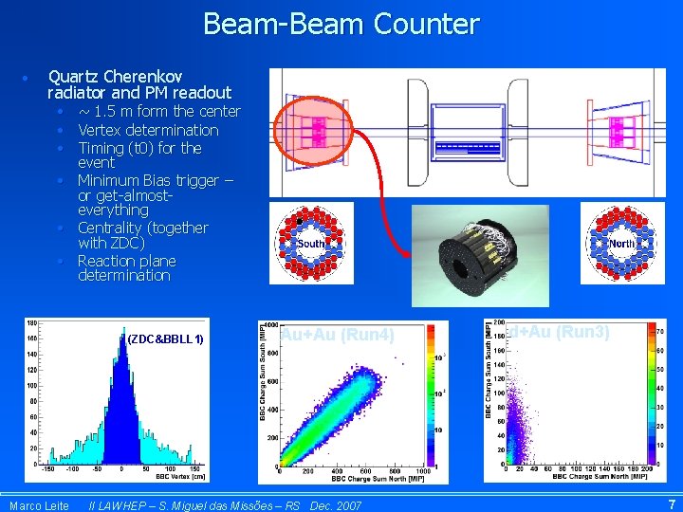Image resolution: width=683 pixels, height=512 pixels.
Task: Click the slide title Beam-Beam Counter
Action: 341,24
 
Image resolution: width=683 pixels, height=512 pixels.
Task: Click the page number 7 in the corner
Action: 672,504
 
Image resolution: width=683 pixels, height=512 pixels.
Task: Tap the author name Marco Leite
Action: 39,505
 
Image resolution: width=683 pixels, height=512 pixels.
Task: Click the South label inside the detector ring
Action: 311,244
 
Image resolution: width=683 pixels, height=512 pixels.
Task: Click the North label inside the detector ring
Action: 621,244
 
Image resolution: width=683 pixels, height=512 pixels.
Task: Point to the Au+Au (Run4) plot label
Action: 337,334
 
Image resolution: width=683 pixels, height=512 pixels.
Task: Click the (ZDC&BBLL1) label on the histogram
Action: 165,339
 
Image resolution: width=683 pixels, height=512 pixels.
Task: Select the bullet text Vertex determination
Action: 148,130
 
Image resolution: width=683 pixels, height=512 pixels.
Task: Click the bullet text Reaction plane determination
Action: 126,268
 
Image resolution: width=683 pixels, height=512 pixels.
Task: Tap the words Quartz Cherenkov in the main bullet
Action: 115,76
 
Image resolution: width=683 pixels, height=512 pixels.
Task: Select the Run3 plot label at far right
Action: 560,332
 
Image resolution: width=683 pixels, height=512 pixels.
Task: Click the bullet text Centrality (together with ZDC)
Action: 142,235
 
